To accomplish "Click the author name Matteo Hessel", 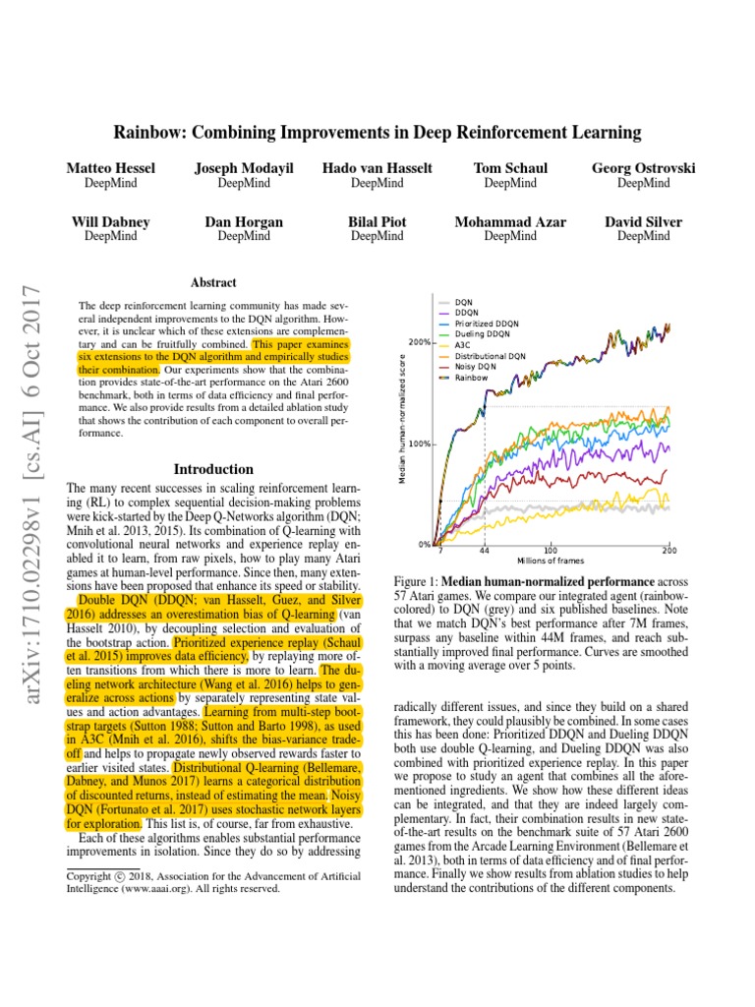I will (x=110, y=168).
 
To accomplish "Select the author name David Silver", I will (x=643, y=222).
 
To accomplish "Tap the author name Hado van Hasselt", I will (x=377, y=168).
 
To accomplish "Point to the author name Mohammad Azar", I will (x=509, y=222).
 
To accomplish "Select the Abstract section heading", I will (x=213, y=281).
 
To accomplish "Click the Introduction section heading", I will (x=213, y=469).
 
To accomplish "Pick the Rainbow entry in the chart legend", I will (x=471, y=378).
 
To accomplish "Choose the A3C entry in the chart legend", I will (x=462, y=345).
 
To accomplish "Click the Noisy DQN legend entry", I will (x=474, y=367).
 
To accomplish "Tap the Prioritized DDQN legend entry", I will (x=488, y=324).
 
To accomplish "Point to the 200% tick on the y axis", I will (x=420, y=342).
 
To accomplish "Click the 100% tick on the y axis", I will (x=420, y=444).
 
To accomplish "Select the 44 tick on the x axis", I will (x=485, y=551).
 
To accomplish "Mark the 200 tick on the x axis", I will (x=669, y=551).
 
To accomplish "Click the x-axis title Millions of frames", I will (x=551, y=561).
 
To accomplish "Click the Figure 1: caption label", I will (x=420, y=581).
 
